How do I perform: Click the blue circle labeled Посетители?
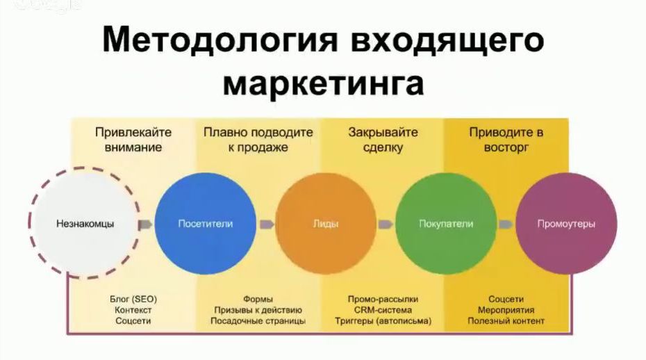click(205, 224)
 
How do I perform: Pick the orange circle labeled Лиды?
click(326, 224)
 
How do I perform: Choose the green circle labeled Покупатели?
click(446, 224)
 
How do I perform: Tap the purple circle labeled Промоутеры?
click(567, 224)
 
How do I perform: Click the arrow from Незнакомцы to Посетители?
click(145, 224)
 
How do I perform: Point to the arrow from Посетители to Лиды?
click(267, 224)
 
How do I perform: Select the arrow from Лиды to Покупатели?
click(386, 224)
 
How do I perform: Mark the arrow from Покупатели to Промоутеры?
click(506, 224)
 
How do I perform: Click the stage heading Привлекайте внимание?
click(133, 140)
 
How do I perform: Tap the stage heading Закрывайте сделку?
click(383, 140)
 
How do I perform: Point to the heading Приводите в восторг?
click(506, 140)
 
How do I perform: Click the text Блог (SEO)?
click(133, 299)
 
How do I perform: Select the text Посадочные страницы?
click(258, 321)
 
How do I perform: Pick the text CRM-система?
click(383, 310)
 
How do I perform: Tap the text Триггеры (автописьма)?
click(383, 321)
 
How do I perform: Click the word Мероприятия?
click(506, 310)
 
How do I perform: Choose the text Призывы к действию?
click(258, 310)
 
